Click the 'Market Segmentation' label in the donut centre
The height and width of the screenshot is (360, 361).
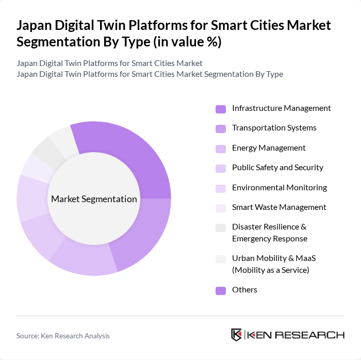click(94, 199)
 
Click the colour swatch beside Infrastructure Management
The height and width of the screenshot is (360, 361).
click(221, 109)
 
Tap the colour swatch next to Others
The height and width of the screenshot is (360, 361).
click(221, 290)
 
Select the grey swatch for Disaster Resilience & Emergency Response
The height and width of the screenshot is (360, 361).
click(221, 227)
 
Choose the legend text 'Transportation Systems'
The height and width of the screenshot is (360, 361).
click(274, 128)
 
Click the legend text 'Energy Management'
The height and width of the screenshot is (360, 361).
click(269, 148)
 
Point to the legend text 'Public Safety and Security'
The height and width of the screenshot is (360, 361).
click(277, 168)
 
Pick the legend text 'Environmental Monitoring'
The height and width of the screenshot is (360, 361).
click(280, 188)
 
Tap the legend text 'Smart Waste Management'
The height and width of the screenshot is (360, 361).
click(279, 207)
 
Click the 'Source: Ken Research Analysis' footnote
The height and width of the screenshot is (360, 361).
click(63, 336)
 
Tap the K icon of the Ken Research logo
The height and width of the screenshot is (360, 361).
click(237, 335)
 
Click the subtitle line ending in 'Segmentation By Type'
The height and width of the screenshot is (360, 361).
click(150, 74)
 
